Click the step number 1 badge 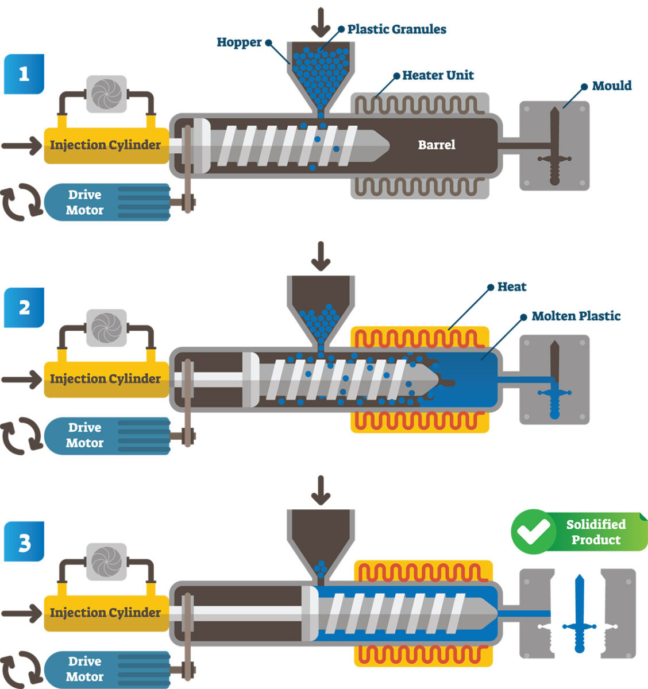(24, 74)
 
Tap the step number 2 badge (24, 308)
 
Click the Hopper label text (239, 42)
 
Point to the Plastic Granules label (396, 29)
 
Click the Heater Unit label (438, 75)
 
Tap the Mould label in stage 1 (611, 86)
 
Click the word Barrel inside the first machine (437, 145)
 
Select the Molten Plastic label (576, 316)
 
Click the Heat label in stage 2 (511, 287)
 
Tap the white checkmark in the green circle (533, 532)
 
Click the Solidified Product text (596, 532)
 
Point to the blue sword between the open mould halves (578, 614)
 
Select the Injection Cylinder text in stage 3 (105, 613)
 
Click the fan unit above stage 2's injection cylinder (106, 328)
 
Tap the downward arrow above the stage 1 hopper (321, 21)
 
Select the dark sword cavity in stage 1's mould (554, 146)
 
